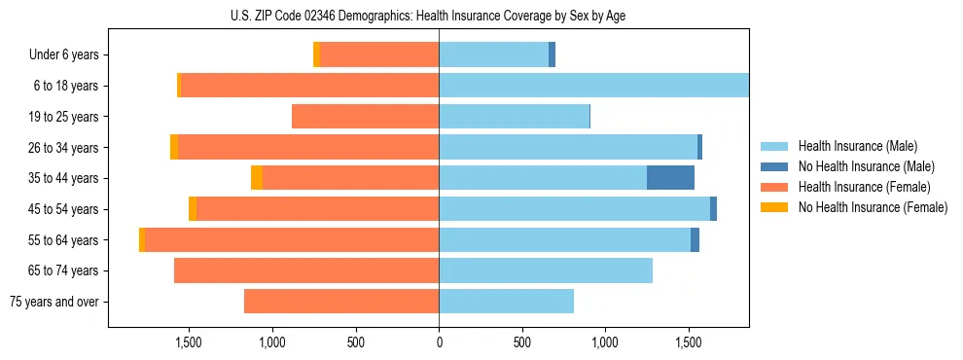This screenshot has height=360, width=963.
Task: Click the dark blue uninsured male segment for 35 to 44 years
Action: tap(670, 178)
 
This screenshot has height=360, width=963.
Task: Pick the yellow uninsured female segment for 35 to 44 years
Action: tap(257, 178)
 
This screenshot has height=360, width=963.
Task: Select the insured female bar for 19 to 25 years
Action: tap(365, 117)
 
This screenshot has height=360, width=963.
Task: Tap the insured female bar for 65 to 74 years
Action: tap(306, 270)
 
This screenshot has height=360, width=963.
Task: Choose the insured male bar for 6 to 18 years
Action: tap(593, 86)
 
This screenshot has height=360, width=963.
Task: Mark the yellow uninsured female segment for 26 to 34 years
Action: tap(174, 147)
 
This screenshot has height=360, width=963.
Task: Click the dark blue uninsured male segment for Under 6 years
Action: tap(552, 55)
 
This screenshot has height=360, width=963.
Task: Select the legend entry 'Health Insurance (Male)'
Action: tap(856, 146)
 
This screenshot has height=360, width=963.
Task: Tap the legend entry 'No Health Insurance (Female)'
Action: tap(873, 207)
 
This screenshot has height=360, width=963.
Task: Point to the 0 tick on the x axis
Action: tap(439, 342)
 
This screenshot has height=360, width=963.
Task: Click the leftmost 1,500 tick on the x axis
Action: tap(188, 342)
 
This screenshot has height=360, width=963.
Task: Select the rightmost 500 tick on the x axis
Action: tap(522, 342)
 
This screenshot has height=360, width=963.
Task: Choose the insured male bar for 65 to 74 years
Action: tap(545, 270)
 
